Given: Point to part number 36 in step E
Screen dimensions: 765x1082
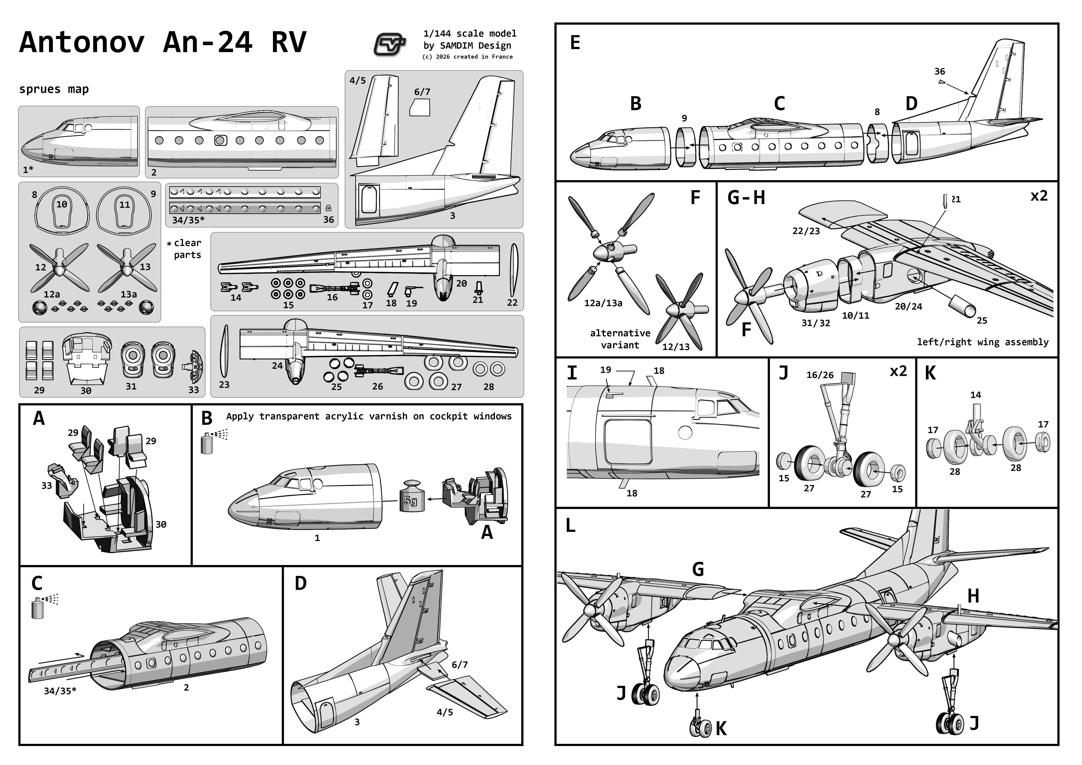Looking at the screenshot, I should click(x=939, y=72).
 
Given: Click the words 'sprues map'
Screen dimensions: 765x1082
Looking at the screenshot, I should click(x=54, y=89).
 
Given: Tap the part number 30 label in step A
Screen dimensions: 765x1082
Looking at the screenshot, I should click(x=161, y=524).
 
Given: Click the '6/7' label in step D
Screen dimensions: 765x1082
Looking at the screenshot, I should click(x=460, y=665).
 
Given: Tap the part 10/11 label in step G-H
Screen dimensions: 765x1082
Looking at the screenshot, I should click(x=855, y=316).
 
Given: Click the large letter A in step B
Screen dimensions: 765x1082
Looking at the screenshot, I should click(x=487, y=532).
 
